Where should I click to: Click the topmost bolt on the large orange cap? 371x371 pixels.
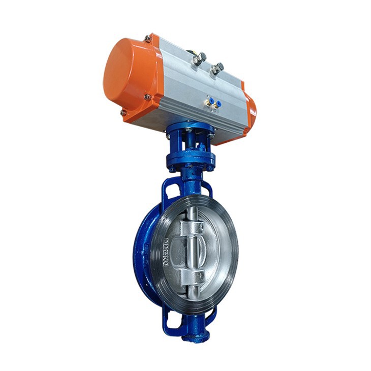[147, 38]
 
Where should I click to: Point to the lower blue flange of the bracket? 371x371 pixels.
[191, 161]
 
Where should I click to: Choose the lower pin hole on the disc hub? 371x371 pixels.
[200, 275]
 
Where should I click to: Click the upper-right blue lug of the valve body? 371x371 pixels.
[206, 188]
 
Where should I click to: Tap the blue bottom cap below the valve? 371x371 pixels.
[196, 335]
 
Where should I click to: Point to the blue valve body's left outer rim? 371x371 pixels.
[140, 254]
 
